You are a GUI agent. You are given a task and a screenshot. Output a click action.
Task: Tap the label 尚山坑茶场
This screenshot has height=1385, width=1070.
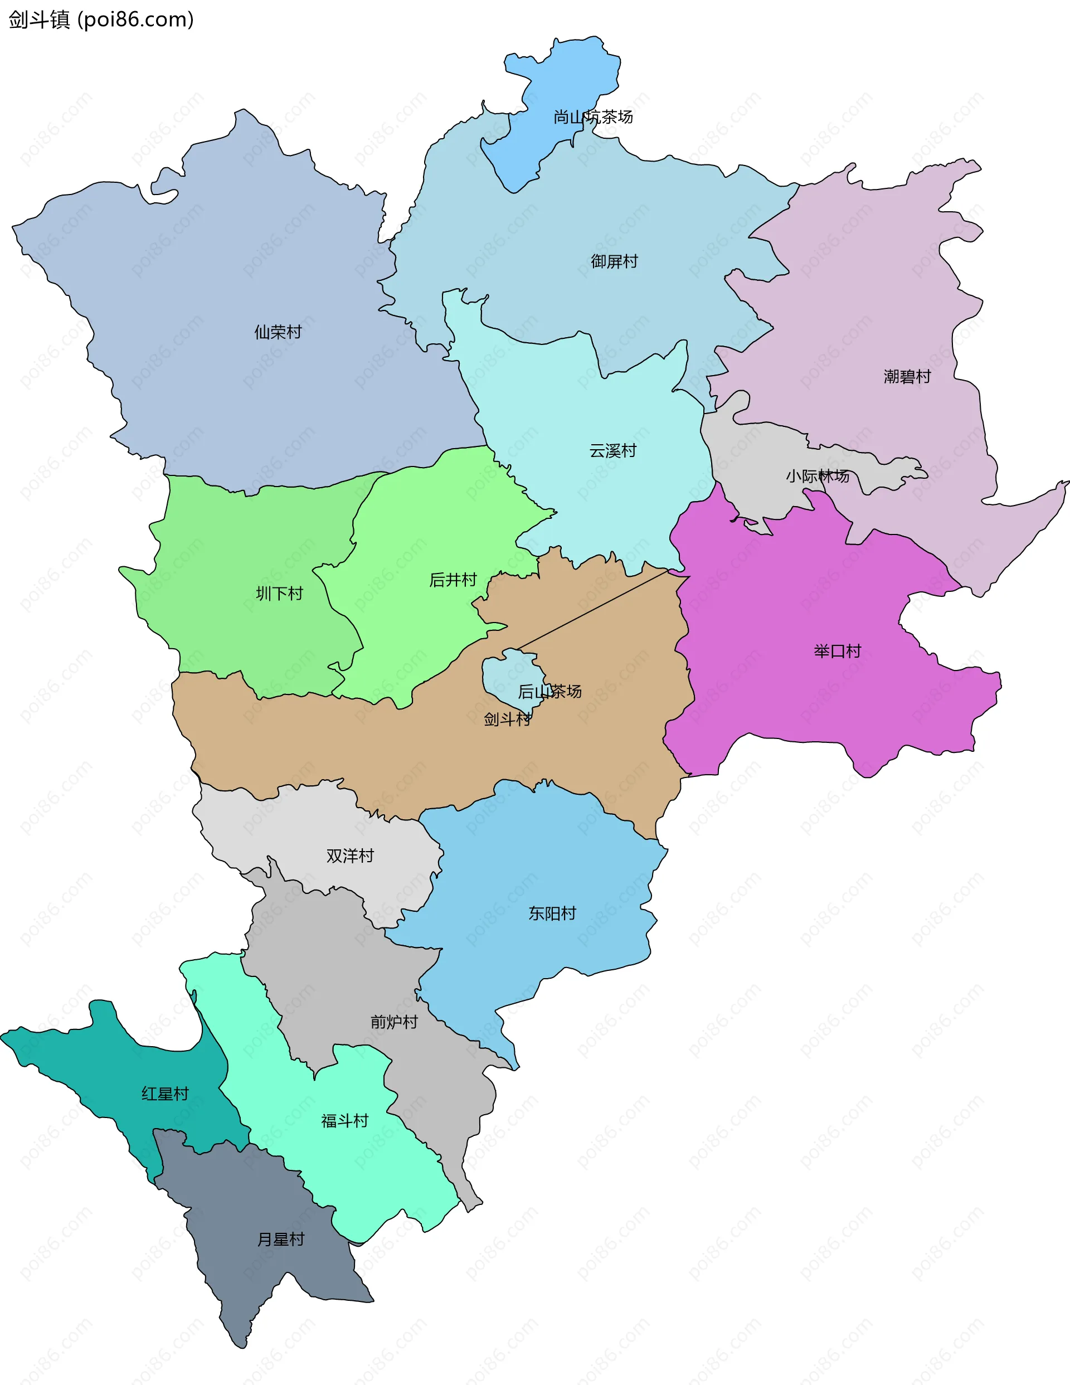[x=593, y=116]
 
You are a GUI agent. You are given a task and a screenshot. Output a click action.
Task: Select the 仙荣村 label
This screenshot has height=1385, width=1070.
[x=278, y=332]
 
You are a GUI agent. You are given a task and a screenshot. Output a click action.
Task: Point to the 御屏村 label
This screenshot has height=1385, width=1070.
[x=614, y=261]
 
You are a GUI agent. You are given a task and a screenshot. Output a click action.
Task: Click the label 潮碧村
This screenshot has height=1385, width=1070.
[x=907, y=377]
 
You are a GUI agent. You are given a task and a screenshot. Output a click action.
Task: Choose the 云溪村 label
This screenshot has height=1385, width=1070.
[x=612, y=451]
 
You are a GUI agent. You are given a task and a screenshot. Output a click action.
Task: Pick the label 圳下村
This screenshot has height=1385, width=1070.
[x=279, y=594]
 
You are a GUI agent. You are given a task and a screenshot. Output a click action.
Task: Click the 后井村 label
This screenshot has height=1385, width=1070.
[x=453, y=580]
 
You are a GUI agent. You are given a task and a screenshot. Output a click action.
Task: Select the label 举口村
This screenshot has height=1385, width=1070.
[x=837, y=652]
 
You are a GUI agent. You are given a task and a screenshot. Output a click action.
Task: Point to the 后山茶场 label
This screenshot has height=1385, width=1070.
[x=550, y=691]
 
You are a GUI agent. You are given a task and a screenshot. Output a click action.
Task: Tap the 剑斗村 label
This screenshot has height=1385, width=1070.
[x=507, y=719]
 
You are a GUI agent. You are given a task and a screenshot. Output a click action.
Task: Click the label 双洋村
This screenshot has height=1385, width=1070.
[x=350, y=856]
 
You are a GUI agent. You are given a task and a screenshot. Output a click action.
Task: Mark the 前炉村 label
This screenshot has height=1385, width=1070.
[x=394, y=1022]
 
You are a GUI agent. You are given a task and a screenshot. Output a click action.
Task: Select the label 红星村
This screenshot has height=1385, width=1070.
[x=165, y=1094]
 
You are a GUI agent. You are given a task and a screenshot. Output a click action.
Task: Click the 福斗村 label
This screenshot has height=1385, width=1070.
[x=344, y=1121]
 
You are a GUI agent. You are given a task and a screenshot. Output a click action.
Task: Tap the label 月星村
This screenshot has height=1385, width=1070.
[x=280, y=1239]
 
